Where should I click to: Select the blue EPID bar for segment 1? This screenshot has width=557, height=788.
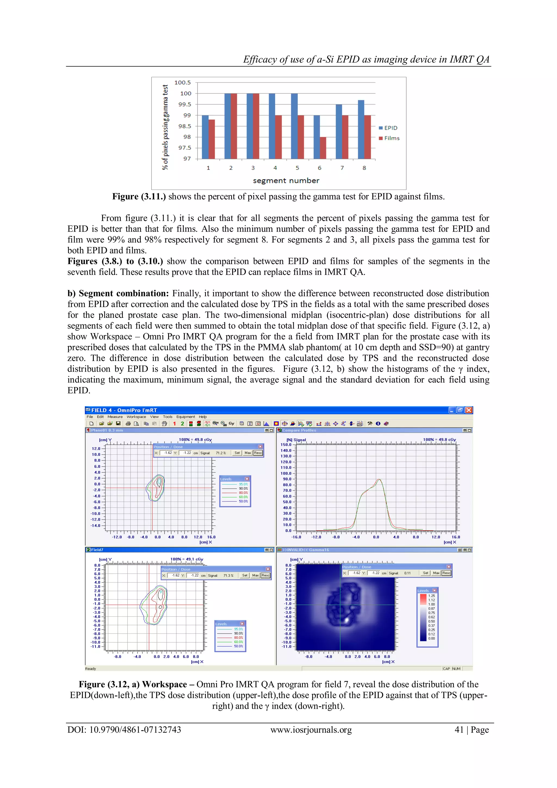tap(205, 137)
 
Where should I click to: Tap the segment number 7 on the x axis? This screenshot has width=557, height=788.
tap(342, 168)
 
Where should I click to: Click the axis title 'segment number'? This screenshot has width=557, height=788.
tap(286, 180)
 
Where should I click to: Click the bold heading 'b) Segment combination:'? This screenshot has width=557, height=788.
tap(118, 293)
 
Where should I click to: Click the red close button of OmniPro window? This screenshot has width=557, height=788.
tap(469, 410)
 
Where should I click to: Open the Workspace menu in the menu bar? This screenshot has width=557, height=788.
tap(136, 417)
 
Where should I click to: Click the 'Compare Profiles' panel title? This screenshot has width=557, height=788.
tap(299, 430)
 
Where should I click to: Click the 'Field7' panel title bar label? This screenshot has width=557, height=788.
tap(97, 550)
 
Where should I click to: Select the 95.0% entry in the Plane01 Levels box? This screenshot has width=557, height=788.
tap(243, 484)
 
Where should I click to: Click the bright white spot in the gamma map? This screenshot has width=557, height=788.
tap(346, 620)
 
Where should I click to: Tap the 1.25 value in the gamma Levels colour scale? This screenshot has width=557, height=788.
tap(431, 596)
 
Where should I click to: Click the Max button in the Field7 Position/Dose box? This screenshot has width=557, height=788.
tap(255, 575)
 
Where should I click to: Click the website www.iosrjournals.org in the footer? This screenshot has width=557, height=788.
tap(311, 730)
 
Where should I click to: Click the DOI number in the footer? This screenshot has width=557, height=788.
tap(135, 730)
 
